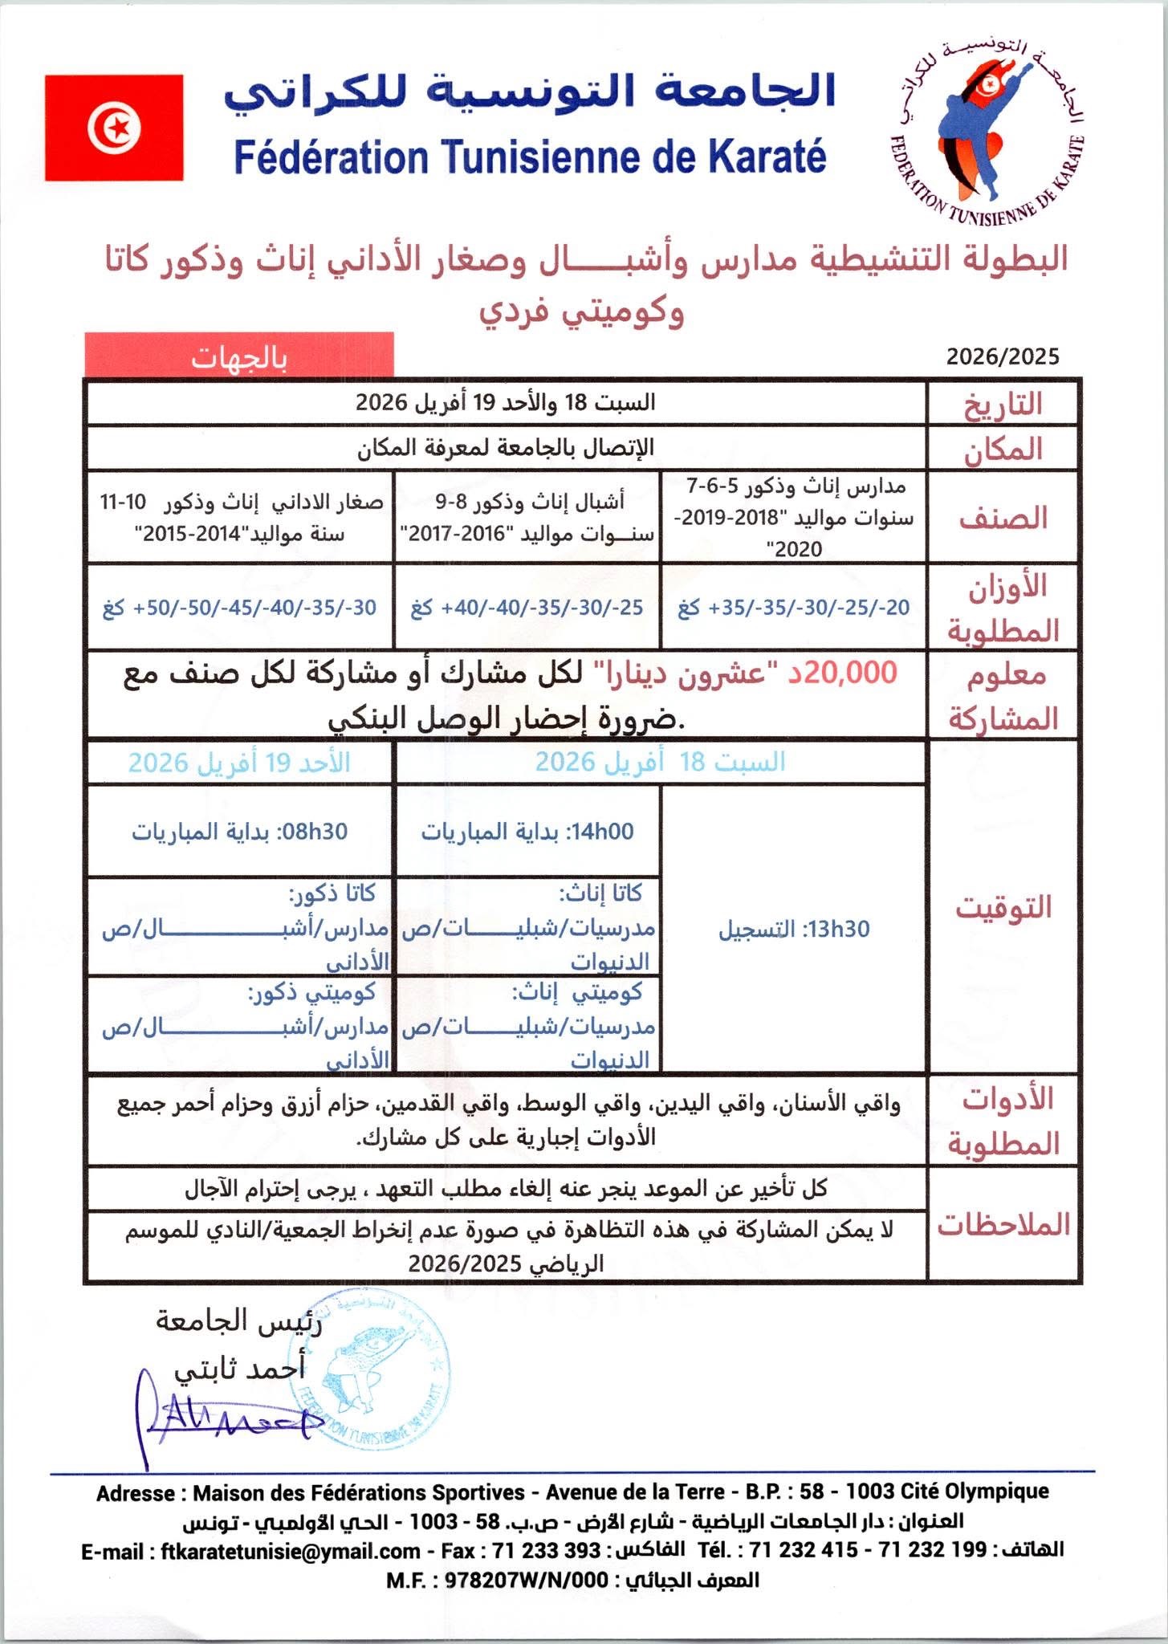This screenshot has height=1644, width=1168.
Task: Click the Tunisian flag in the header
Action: pos(114,128)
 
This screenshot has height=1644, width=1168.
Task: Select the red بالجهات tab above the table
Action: pos(238,357)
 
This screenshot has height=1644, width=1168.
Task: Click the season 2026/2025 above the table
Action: pos(1002,356)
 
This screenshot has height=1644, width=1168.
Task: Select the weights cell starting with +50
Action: pos(239,608)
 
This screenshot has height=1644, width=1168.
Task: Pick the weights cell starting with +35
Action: pos(793,608)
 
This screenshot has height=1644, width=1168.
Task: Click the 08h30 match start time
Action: pos(312,832)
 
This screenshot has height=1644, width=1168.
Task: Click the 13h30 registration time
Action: pos(839,930)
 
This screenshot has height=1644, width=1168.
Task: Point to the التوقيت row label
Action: pos(1002,907)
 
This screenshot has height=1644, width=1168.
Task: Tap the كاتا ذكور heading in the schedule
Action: pos(332,893)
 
